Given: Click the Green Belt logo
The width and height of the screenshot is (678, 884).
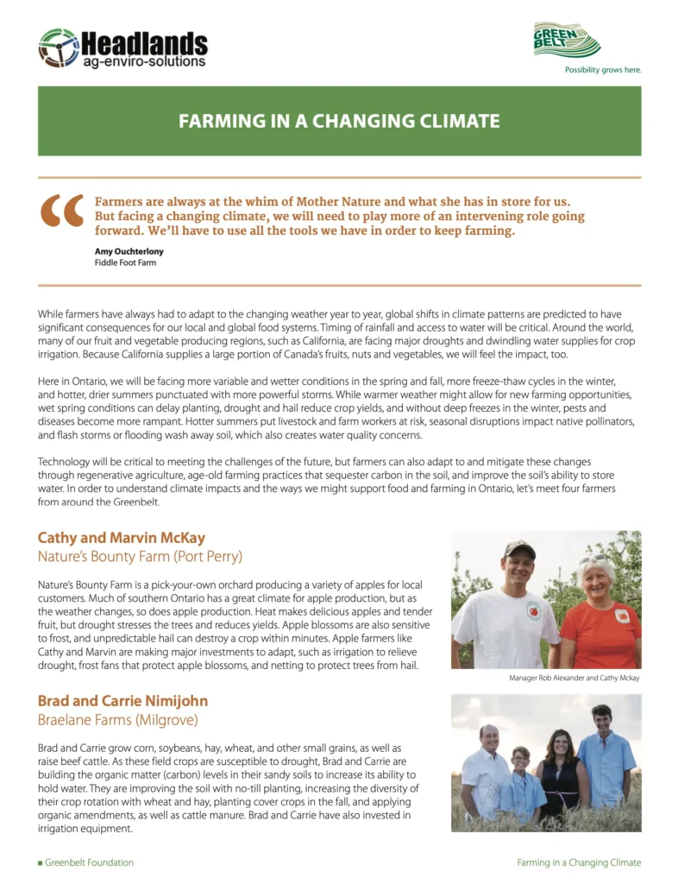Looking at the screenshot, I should [x=567, y=41].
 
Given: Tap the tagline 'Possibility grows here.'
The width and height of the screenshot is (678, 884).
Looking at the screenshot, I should [x=602, y=69].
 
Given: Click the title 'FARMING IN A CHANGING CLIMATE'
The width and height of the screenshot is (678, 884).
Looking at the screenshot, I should [x=339, y=121].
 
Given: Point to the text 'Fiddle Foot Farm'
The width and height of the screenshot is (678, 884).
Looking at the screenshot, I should [x=125, y=262].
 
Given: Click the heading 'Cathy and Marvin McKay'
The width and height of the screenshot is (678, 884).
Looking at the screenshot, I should [x=121, y=538].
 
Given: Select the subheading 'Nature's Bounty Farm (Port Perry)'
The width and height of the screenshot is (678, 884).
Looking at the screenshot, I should [x=140, y=556].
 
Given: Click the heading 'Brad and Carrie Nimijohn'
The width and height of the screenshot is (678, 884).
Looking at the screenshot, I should [x=122, y=700].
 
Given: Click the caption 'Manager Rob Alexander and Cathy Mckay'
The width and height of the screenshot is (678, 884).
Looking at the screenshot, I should [x=574, y=679].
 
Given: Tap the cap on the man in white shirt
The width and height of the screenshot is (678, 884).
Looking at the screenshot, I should [x=519, y=547].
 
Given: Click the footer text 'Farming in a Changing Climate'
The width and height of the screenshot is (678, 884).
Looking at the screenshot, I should [x=579, y=862].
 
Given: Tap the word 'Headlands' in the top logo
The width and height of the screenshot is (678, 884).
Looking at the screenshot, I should [x=144, y=43].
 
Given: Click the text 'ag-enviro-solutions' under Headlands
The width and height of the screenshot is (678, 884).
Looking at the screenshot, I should [x=144, y=61].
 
